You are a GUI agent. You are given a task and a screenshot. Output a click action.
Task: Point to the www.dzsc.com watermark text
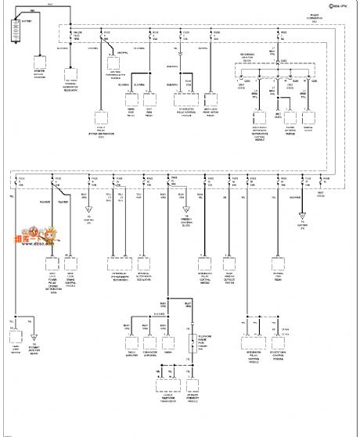coord(33,245)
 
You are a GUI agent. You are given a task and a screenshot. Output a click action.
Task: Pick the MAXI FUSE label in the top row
coord(77,36)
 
